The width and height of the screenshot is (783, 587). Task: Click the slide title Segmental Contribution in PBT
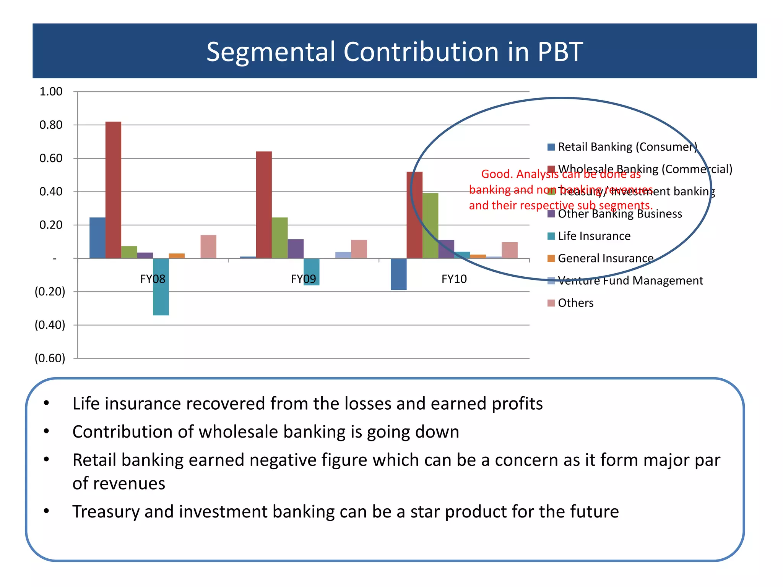394,52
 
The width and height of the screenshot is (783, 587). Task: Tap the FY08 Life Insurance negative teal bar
161,287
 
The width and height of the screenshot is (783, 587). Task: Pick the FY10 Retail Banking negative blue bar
398,274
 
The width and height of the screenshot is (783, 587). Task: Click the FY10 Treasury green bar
430,225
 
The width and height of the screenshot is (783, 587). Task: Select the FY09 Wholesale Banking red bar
264,205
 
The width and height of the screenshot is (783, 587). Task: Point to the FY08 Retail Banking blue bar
97,238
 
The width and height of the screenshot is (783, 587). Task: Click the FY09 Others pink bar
359,249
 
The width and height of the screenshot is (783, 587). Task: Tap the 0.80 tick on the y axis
51,125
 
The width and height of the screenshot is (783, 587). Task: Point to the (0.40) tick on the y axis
50,325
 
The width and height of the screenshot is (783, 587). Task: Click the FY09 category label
303,279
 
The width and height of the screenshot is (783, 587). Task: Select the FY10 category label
454,279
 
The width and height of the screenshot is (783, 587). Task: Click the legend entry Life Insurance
594,236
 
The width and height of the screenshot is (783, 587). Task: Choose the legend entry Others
575,303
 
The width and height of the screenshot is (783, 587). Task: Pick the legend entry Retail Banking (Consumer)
627,147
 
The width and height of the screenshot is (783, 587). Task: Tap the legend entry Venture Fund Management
630,281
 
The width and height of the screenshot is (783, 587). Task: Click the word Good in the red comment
496,174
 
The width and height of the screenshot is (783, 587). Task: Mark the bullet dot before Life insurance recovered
46,403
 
